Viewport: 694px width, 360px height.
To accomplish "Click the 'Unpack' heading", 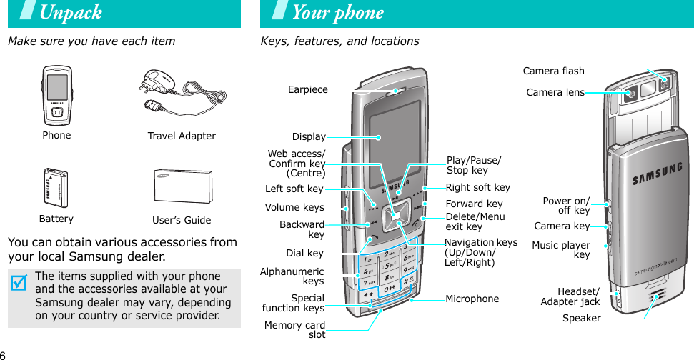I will (71, 13).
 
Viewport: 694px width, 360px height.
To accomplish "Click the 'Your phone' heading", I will (338, 13).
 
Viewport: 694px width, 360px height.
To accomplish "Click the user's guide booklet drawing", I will (182, 188).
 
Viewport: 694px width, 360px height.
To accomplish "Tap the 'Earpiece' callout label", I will (307, 90).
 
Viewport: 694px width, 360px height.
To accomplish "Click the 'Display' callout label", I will (309, 136).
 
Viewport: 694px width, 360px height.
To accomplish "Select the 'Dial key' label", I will (304, 253).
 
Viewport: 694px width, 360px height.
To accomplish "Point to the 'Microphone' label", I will (472, 299).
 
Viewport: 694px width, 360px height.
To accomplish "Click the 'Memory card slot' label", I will (294, 330).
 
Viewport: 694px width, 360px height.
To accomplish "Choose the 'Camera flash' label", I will (553, 71).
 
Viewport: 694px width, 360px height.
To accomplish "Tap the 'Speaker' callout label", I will (581, 318).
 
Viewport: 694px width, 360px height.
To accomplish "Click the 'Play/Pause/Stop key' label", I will (473, 165).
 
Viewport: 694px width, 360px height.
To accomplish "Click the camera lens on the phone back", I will (630, 94).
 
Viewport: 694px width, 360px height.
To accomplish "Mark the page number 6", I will (4, 355).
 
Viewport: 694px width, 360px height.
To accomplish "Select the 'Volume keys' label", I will (294, 208).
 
